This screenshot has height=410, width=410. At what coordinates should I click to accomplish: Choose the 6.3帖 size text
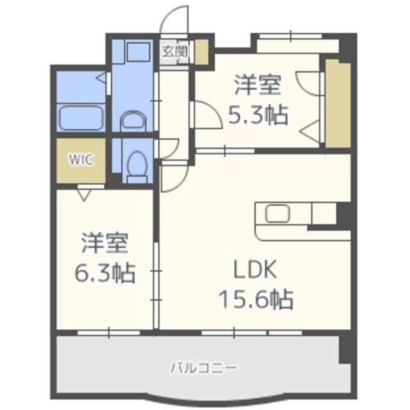[x=105, y=274]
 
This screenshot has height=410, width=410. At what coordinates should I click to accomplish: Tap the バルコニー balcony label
[x=204, y=368]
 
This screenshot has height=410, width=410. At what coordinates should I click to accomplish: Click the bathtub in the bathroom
[x=82, y=118]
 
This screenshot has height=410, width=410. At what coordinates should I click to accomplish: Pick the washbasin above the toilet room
[x=133, y=120]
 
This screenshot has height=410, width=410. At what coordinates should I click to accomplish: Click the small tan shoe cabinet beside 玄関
[x=202, y=51]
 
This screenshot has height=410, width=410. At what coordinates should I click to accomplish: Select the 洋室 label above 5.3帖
[x=258, y=85]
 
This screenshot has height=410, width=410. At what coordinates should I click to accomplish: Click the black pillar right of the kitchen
[x=342, y=212]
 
